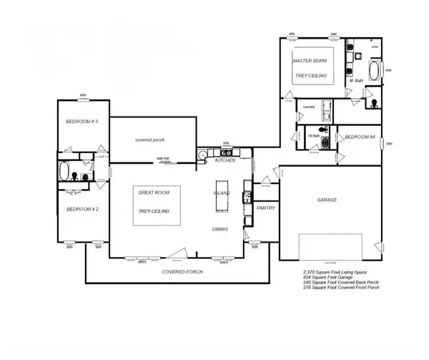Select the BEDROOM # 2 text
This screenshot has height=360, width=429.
81,209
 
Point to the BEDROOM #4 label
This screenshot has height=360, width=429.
361,136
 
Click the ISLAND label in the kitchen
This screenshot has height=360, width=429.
222,194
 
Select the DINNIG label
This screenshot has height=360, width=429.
220,229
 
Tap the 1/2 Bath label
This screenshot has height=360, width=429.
312,135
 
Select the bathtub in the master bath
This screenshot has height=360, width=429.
375,72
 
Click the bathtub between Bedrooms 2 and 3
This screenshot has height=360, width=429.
64,172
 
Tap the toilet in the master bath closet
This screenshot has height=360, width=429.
373,104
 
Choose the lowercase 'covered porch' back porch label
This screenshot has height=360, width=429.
150,140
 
